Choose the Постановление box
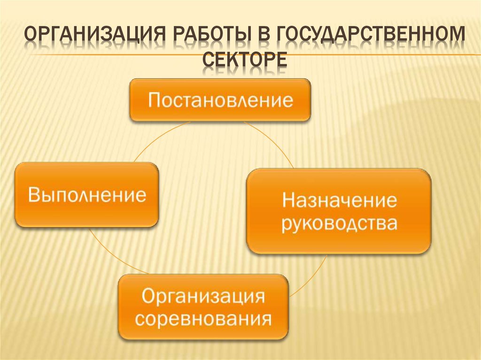pos(220,100)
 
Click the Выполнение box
pos(86,195)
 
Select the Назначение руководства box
pos(339,211)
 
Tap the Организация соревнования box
pos(203,307)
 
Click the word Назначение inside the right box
pos(339,200)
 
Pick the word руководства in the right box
pos(339,223)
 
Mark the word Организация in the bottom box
pos(203,297)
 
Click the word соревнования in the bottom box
pos(203,319)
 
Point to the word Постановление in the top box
pos(220,100)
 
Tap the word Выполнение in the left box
pos(87,195)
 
